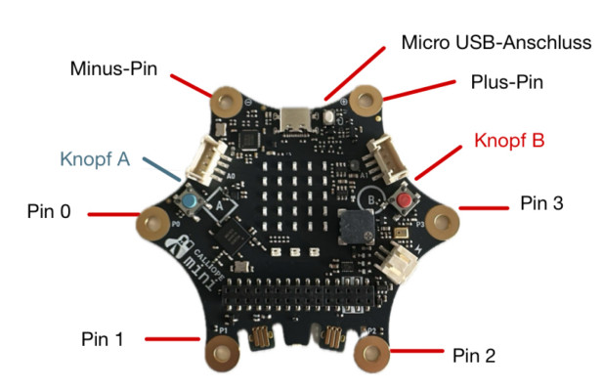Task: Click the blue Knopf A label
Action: tap(95, 159)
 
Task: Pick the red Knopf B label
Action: tap(508, 140)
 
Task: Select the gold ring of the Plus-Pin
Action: tap(366, 98)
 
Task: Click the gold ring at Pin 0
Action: tap(152, 221)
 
